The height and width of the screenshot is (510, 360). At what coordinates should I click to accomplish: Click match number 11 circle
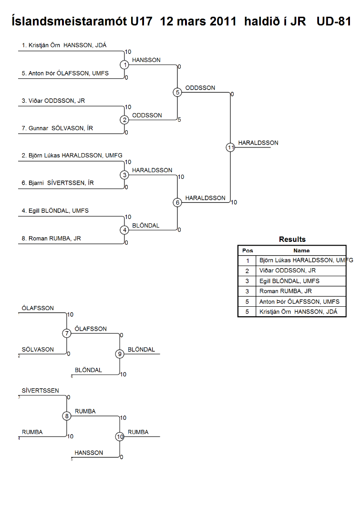(231, 147)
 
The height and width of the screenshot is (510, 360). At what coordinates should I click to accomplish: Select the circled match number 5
(177, 93)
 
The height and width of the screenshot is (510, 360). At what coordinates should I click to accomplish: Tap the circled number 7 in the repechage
(67, 333)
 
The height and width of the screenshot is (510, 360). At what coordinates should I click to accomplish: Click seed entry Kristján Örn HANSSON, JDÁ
(64, 45)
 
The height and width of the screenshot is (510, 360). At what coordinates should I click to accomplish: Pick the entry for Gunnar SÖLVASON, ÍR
(57, 128)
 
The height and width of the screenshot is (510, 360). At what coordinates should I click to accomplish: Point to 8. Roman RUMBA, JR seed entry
(51, 239)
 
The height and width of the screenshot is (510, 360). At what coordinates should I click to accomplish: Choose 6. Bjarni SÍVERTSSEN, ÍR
(58, 183)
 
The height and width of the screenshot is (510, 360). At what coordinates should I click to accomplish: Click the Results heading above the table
(292, 239)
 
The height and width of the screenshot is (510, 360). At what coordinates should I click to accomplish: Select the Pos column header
(247, 250)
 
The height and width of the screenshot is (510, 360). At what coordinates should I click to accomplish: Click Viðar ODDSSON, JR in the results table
(288, 271)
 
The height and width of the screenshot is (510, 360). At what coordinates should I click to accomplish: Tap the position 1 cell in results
(247, 260)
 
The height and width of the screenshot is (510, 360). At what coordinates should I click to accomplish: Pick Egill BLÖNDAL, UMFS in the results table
(289, 281)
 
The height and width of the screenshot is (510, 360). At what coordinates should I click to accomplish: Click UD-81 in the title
(334, 21)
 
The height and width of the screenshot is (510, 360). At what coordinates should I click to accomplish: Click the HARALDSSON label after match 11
(258, 143)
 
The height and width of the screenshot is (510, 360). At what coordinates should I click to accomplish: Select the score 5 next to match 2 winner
(179, 120)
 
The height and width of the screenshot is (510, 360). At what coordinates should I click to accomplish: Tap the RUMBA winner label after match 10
(138, 432)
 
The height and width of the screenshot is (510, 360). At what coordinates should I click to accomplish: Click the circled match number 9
(120, 354)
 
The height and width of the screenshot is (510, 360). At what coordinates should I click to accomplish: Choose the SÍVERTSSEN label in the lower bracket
(41, 391)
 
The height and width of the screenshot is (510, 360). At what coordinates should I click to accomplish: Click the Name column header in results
(301, 250)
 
